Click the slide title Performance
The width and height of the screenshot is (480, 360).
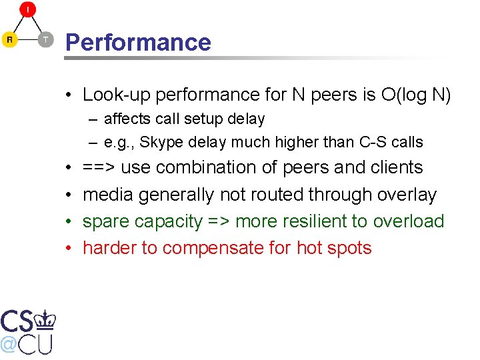138,42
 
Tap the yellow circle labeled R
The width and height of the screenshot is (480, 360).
9,40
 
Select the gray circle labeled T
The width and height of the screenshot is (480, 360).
45,40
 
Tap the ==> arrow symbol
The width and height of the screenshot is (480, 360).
99,167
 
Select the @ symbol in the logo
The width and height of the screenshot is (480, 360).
9,344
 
